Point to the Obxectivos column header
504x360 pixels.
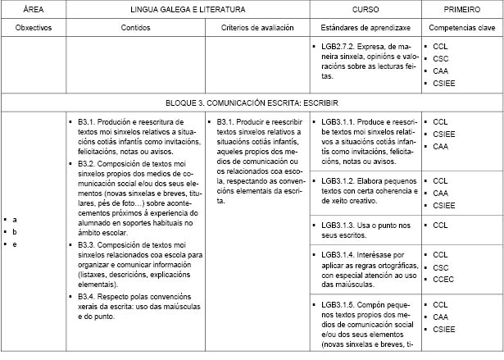coord(34,28)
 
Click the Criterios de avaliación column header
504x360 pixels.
coord(259,28)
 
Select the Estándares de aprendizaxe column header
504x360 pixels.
coord(366,28)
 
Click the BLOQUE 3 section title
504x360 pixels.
coord(252,105)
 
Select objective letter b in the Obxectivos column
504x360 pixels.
coord(15,233)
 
